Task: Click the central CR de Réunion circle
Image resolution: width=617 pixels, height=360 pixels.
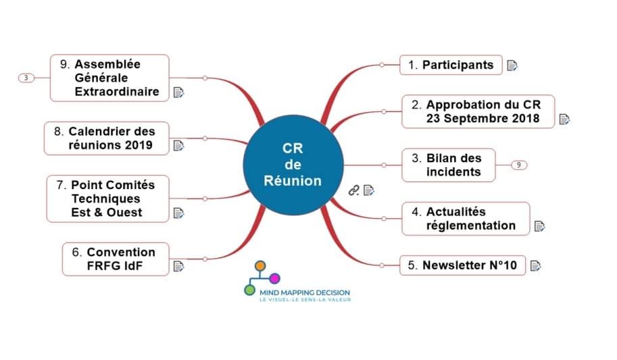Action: pyautogui.click(x=293, y=164)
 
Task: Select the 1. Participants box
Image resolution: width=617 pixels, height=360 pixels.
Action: pyautogui.click(x=451, y=66)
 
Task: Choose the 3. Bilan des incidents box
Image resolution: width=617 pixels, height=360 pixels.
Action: pyautogui.click(x=448, y=165)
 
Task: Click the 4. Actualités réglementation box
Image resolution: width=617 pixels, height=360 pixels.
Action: pyautogui.click(x=466, y=218)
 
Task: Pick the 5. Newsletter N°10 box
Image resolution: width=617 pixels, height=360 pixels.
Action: pyautogui.click(x=464, y=265)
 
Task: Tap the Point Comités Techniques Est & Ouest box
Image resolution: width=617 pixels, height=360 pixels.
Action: pyautogui.click(x=107, y=199)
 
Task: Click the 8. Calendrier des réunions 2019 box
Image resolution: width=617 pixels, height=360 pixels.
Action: pyautogui.click(x=106, y=138)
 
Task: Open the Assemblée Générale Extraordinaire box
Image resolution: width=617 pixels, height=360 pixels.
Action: pyautogui.click(x=109, y=78)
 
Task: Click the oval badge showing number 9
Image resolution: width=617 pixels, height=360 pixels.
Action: pyautogui.click(x=518, y=165)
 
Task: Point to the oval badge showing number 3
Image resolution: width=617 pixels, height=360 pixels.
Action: pyautogui.click(x=26, y=78)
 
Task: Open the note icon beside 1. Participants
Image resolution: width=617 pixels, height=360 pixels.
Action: pyautogui.click(x=512, y=66)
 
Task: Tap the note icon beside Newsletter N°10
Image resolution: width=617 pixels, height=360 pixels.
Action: pyautogui.click(x=535, y=265)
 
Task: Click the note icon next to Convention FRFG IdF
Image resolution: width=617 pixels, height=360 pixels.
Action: pyautogui.click(x=179, y=267)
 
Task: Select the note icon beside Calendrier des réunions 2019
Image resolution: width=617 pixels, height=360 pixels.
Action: pyautogui.click(x=179, y=145)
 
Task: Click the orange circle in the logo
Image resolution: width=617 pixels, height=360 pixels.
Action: pyautogui.click(x=262, y=265)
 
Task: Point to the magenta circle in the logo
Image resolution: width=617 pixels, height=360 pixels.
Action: pyautogui.click(x=275, y=278)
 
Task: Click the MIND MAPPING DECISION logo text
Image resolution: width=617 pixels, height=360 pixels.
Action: pyautogui.click(x=296, y=292)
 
